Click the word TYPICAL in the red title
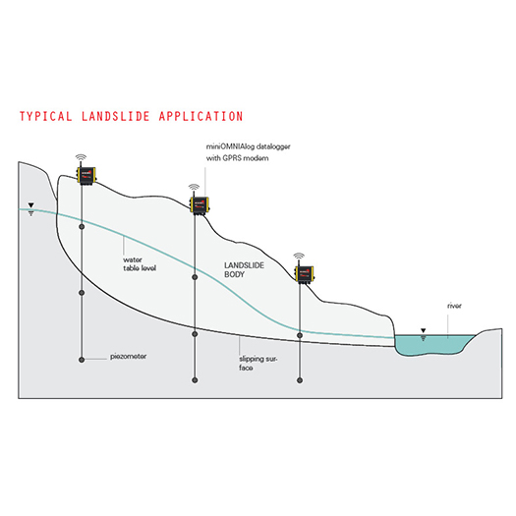[x=46, y=116]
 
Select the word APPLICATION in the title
[x=201, y=116]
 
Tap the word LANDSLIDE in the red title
[x=116, y=116]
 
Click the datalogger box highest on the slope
[x=86, y=175]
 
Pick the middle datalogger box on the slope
[x=200, y=205]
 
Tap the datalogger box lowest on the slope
[x=305, y=274]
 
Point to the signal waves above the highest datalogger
[x=81, y=157]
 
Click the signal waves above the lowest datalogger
[x=299, y=256]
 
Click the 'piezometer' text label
[x=129, y=356]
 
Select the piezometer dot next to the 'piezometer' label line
[x=82, y=360]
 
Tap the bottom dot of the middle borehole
[x=195, y=380]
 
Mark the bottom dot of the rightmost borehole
[x=300, y=380]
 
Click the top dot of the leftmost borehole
[x=82, y=226]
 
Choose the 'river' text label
[x=454, y=306]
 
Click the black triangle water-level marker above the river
[x=424, y=330]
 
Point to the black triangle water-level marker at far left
[x=30, y=205]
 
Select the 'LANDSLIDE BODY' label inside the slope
[x=244, y=270]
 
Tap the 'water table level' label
[x=140, y=264]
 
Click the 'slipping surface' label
[x=258, y=363]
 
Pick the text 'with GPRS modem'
[x=237, y=158]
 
